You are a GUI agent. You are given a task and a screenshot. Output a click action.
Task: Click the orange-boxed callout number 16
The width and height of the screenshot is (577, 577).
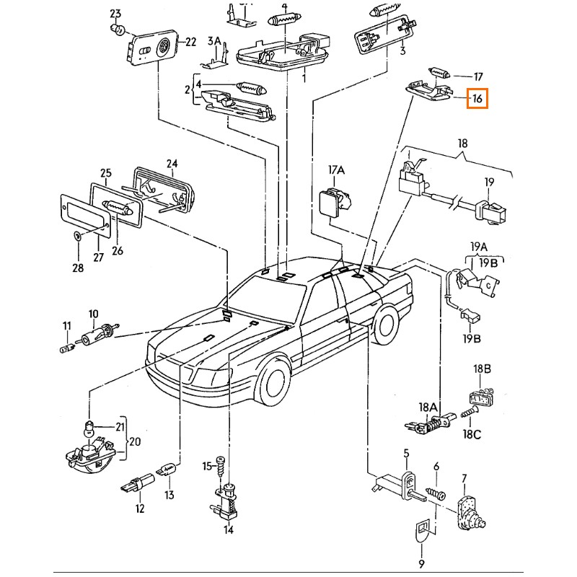click(x=477, y=97)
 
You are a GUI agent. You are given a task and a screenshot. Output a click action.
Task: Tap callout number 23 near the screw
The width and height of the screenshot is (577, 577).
click(x=116, y=14)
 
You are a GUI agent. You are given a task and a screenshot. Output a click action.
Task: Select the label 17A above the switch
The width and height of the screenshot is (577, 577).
click(x=337, y=170)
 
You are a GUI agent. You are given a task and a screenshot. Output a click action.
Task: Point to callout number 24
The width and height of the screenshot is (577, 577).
click(x=172, y=163)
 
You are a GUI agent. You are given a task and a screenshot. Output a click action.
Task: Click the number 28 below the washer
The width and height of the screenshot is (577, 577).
click(x=78, y=268)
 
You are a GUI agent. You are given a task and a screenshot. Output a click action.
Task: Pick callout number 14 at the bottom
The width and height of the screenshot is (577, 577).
click(x=229, y=531)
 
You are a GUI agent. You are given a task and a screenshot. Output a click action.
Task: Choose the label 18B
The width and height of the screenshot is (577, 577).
click(x=482, y=369)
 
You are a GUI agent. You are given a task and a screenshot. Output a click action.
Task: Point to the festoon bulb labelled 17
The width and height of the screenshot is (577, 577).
click(x=438, y=71)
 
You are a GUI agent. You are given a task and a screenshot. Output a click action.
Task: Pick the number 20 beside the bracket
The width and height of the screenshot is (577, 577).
click(x=136, y=441)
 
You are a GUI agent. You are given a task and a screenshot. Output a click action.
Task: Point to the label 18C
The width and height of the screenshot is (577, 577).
click(x=472, y=435)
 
